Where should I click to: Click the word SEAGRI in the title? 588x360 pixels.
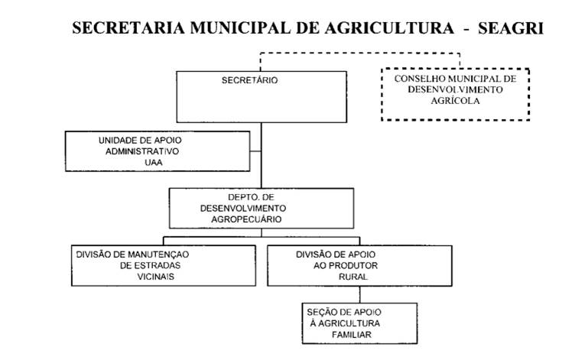point(510,28)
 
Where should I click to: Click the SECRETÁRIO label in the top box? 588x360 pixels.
point(249,80)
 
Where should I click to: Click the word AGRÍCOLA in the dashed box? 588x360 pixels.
point(455,101)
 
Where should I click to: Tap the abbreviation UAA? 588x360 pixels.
point(154,163)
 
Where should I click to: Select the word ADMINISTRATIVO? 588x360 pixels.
point(142,151)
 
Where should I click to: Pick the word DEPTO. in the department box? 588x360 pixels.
point(240,197)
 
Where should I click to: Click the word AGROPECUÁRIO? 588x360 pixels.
point(246,219)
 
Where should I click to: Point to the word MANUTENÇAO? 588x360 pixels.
point(158,255)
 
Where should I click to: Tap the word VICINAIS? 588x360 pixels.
point(156,277)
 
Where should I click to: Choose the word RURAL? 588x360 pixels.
point(352,277)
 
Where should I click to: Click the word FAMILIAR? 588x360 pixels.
point(352,335)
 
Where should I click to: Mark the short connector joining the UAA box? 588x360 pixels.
point(255,151)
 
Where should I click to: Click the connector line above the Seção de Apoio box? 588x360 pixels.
point(360,294)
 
